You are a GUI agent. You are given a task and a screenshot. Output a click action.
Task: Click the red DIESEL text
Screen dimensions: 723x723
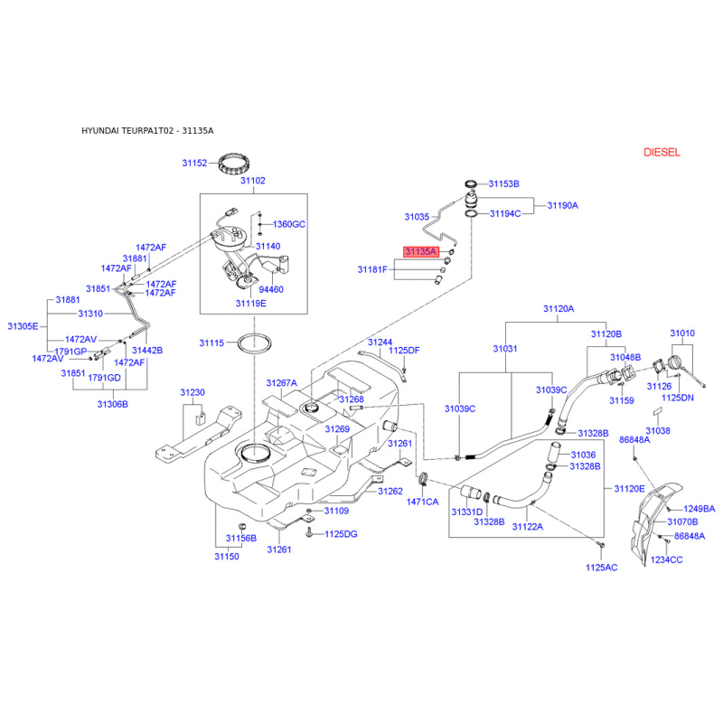(662, 152)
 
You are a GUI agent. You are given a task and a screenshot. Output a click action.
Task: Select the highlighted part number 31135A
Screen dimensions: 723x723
(420, 251)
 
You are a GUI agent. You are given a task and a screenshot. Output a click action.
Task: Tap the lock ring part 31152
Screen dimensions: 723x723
(234, 164)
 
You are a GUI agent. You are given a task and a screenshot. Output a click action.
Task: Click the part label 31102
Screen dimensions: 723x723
(253, 180)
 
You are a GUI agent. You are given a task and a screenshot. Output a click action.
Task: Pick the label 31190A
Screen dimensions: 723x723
(562, 205)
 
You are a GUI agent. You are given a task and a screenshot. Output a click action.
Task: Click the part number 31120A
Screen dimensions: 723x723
(559, 308)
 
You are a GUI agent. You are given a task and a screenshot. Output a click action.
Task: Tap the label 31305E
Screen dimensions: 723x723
(23, 326)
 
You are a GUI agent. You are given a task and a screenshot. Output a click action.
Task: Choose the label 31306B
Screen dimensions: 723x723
(112, 404)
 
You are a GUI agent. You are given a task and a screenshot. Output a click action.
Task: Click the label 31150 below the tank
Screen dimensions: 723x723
(227, 556)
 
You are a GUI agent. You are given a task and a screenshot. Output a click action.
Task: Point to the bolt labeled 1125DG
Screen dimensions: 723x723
(309, 533)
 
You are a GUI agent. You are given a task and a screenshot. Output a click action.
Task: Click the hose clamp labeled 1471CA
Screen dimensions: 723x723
(423, 480)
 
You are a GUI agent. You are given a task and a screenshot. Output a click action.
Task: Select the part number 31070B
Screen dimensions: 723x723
(682, 521)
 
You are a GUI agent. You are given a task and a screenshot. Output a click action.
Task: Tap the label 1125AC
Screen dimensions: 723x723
(601, 568)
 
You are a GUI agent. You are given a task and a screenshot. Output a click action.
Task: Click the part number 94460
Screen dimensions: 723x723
(271, 289)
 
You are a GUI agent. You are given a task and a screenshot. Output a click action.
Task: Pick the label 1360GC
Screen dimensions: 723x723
(289, 224)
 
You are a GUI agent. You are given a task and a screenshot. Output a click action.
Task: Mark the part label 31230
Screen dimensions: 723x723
(192, 392)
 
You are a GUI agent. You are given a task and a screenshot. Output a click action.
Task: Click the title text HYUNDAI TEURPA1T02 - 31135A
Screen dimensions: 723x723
(147, 130)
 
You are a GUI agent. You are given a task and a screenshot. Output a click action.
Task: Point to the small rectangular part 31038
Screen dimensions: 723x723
(657, 411)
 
